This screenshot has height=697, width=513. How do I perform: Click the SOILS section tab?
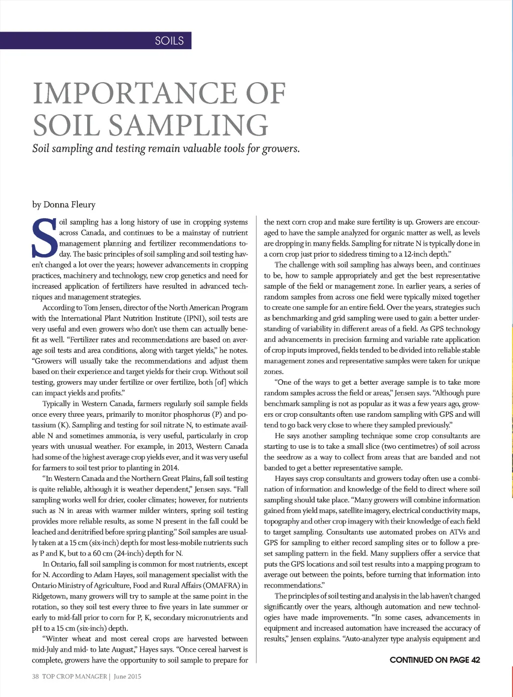[169, 41]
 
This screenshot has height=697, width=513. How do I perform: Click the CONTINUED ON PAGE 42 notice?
[434, 660]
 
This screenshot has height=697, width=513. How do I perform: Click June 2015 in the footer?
[127, 676]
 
